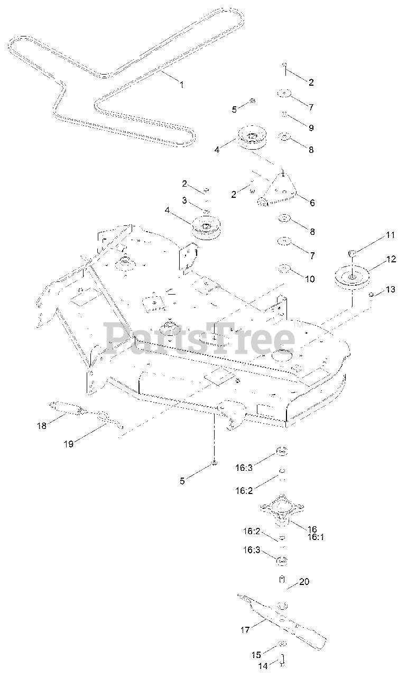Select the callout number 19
pyautogui.click(x=69, y=444)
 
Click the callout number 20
pyautogui.click(x=304, y=582)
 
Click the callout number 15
pyautogui.click(x=256, y=654)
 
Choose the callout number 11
pyautogui.click(x=391, y=234)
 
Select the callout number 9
pyautogui.click(x=311, y=127)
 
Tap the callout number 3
pyautogui.click(x=184, y=200)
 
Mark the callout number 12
pyautogui.click(x=391, y=259)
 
